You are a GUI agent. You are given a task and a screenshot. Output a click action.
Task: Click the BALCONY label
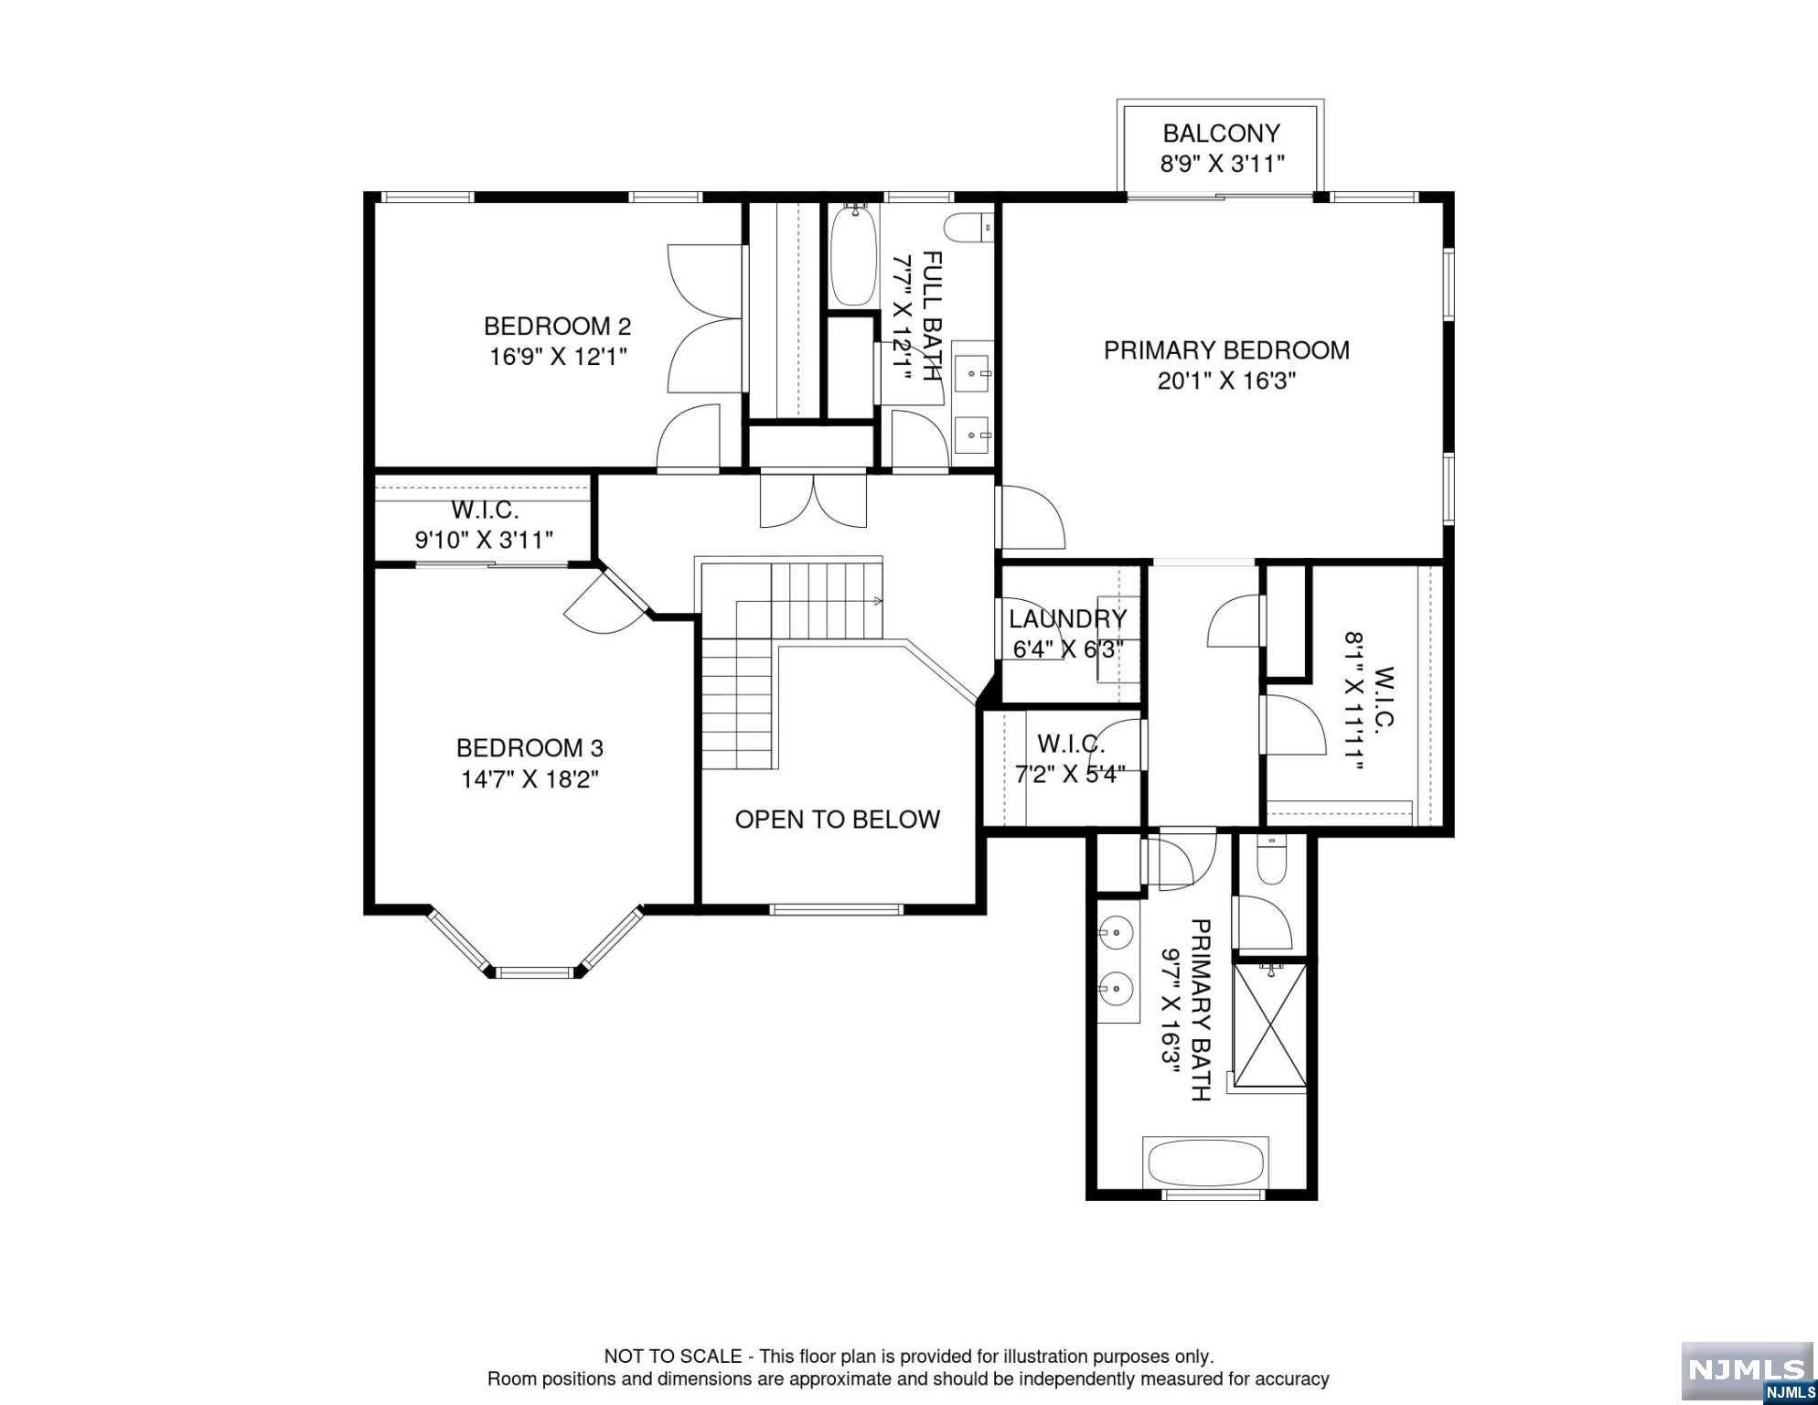click(1221, 134)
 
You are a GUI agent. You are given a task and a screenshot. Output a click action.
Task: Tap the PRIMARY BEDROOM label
click(1226, 350)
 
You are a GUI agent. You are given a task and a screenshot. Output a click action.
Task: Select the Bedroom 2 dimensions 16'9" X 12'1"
click(558, 357)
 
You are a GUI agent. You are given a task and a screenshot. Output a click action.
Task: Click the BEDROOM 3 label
click(529, 748)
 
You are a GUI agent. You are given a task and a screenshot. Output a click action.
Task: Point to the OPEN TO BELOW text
click(837, 820)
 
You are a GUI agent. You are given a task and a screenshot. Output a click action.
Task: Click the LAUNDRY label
click(1068, 619)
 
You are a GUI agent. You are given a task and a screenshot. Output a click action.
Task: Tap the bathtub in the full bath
click(852, 254)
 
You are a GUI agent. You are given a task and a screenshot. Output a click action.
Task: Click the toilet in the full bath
click(968, 227)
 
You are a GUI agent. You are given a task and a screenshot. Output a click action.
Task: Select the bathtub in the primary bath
click(1205, 1163)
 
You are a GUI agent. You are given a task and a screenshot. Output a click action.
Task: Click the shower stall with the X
click(1270, 1024)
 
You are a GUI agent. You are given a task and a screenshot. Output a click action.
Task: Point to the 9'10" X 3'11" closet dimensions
click(484, 540)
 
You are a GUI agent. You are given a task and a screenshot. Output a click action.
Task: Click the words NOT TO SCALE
click(672, 1357)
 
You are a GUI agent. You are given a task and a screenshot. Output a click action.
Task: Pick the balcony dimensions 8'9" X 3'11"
click(1223, 165)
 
